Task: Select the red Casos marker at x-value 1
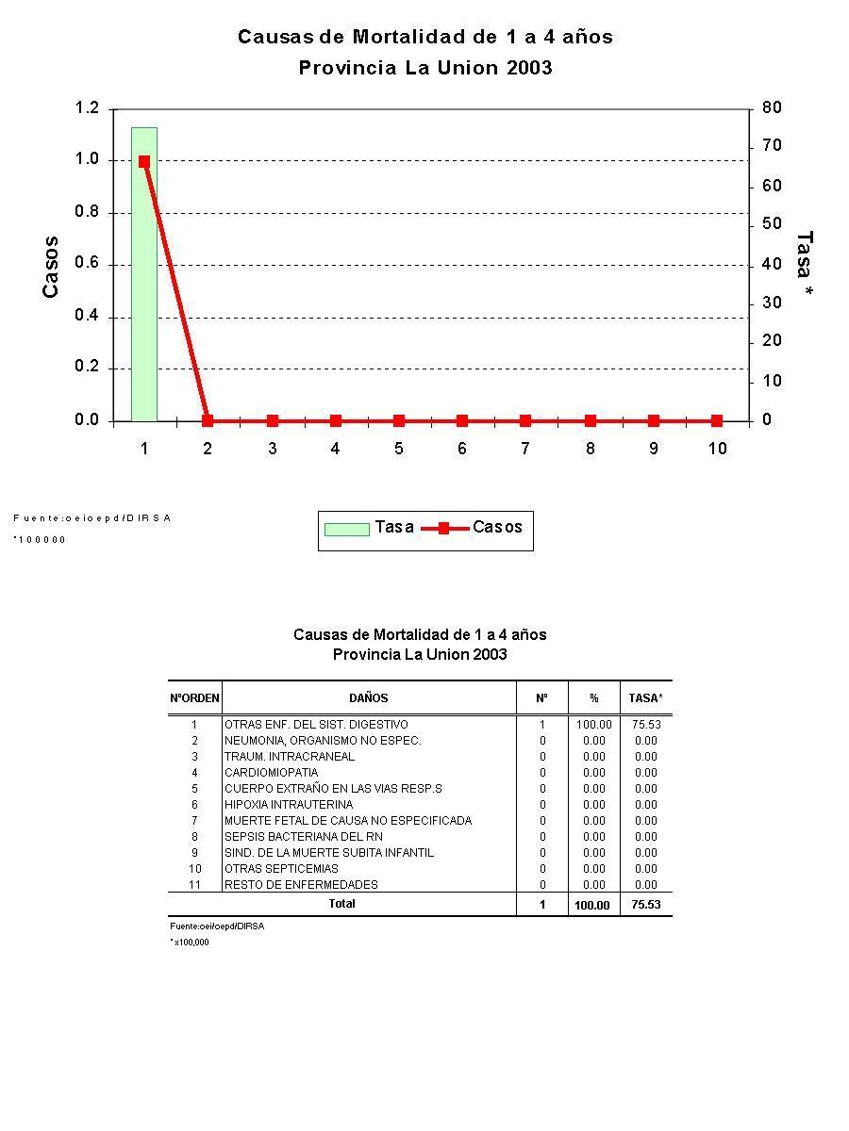tap(144, 161)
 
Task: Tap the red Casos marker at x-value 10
tap(717, 420)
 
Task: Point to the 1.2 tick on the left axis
tap(87, 108)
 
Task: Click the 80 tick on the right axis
tap(773, 108)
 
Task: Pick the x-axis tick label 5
tap(398, 449)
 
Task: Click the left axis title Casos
tap(51, 267)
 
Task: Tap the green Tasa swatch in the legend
tap(346, 529)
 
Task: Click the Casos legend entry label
tap(497, 527)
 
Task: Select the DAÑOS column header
tap(368, 698)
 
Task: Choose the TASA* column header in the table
tap(646, 698)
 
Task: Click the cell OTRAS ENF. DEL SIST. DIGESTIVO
tap(316, 725)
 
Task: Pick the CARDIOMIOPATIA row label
tap(271, 773)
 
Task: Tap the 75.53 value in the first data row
tap(646, 725)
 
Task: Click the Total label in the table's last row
tap(341, 904)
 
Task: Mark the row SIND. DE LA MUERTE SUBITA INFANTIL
tap(329, 853)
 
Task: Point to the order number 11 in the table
tap(194, 885)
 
